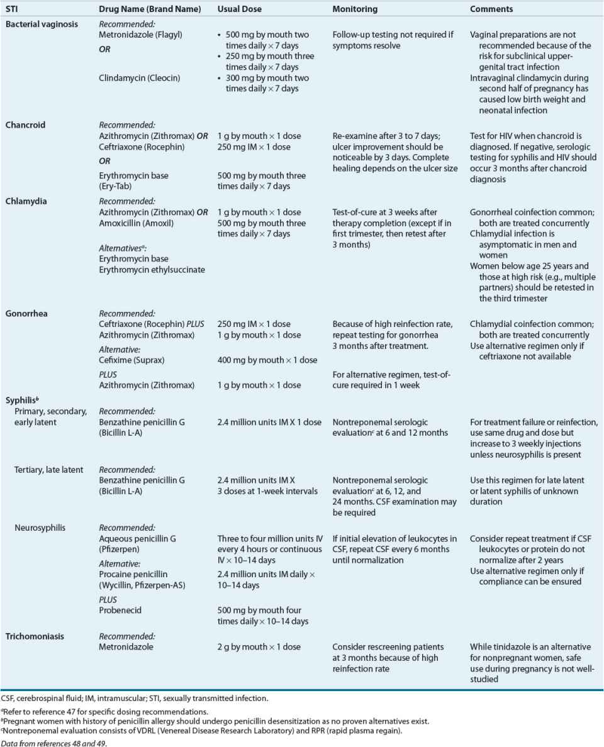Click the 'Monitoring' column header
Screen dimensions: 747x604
355,9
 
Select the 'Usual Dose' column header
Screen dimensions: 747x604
239,9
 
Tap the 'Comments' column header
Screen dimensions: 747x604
491,9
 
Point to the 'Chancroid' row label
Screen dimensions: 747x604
26,125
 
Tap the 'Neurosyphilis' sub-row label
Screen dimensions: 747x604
40,528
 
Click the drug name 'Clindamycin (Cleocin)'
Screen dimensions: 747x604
138,78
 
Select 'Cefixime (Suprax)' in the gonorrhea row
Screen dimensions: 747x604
132,360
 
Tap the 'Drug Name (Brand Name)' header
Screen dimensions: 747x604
150,9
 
